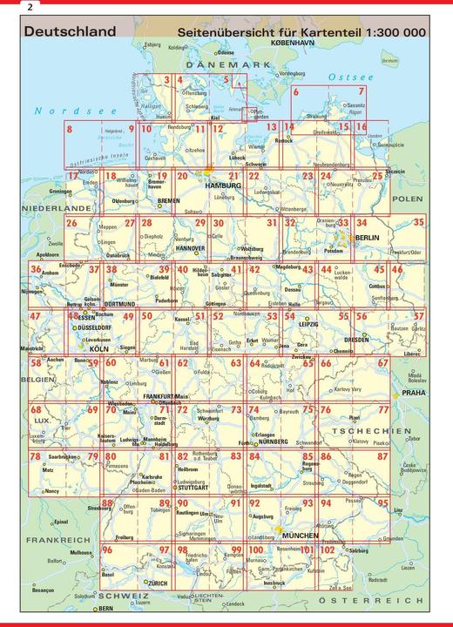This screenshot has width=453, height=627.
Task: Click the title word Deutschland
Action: point(70,32)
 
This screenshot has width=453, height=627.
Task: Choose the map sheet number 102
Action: point(327,549)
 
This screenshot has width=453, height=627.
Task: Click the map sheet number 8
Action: point(68,130)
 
